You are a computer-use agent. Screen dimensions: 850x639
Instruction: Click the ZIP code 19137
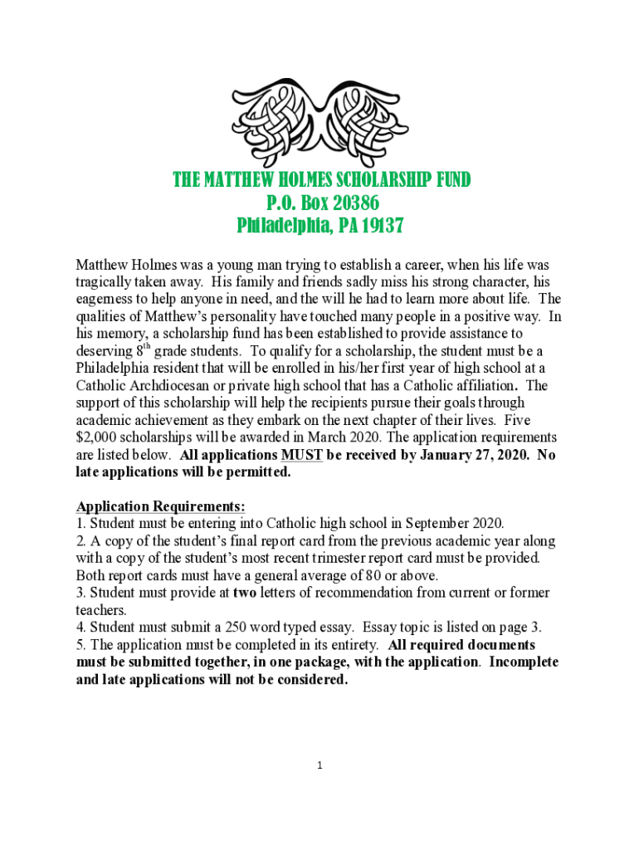coord(380,226)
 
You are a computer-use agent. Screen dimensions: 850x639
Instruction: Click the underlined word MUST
coord(302,455)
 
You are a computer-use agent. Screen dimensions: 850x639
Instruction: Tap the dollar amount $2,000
coord(102,437)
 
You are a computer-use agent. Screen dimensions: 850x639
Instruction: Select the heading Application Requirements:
coord(161,506)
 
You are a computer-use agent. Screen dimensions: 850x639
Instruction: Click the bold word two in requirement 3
coord(245,593)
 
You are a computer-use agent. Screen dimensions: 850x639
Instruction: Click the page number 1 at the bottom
coord(319,765)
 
